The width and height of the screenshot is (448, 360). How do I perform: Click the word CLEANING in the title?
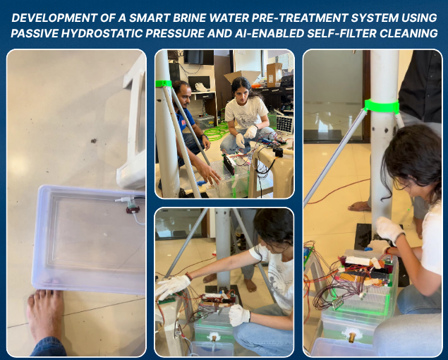[409, 33]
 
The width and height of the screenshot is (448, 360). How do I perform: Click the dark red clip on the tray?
[133, 210]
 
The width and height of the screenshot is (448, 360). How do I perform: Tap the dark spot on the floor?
[93, 140]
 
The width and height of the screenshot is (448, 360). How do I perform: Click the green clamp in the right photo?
[381, 106]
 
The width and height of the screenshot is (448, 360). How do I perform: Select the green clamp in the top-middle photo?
[164, 83]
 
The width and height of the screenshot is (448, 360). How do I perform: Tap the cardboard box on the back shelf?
[274, 75]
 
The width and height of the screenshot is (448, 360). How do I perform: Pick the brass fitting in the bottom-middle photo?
[214, 338]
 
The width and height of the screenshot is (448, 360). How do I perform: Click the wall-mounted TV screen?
[198, 57]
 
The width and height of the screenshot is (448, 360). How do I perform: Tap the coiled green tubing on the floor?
[217, 133]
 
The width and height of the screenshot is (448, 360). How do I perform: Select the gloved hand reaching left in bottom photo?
[172, 286]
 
